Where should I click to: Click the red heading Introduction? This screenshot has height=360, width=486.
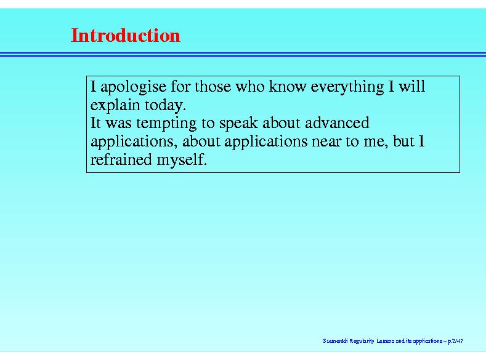pyautogui.click(x=126, y=35)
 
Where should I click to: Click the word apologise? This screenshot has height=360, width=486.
pyautogui.click(x=133, y=87)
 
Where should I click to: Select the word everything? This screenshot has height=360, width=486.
pyautogui.click(x=347, y=87)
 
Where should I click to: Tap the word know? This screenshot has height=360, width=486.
pyautogui.click(x=288, y=86)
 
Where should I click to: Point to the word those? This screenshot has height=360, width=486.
pyautogui.click(x=213, y=86)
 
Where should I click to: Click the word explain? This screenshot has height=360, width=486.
pyautogui.click(x=115, y=105)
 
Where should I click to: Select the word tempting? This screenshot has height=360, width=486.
pyautogui.click(x=166, y=124)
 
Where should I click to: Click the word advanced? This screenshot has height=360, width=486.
pyautogui.click(x=337, y=122)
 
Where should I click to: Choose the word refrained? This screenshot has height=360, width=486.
pyautogui.click(x=121, y=159)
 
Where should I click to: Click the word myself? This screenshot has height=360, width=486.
pyautogui.click(x=182, y=160)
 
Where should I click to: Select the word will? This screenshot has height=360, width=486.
pyautogui.click(x=411, y=86)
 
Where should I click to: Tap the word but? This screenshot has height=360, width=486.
pyautogui.click(x=403, y=141)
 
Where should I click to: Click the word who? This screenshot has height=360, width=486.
pyautogui.click(x=250, y=86)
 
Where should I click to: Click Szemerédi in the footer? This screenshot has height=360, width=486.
pyautogui.click(x=335, y=341)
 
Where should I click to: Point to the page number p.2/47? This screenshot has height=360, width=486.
pyautogui.click(x=455, y=341)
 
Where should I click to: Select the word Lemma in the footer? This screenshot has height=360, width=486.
pyautogui.click(x=385, y=341)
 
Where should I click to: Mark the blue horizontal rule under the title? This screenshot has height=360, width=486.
pyautogui.click(x=243, y=55)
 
